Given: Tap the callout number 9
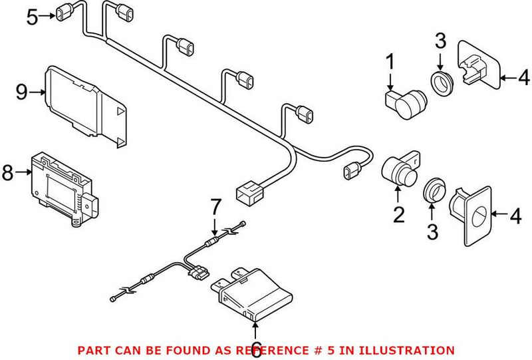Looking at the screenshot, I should point(21,91).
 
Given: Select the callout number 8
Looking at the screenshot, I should point(8,173).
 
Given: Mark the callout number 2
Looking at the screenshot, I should point(398,214).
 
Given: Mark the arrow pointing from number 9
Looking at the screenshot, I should point(38,91).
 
